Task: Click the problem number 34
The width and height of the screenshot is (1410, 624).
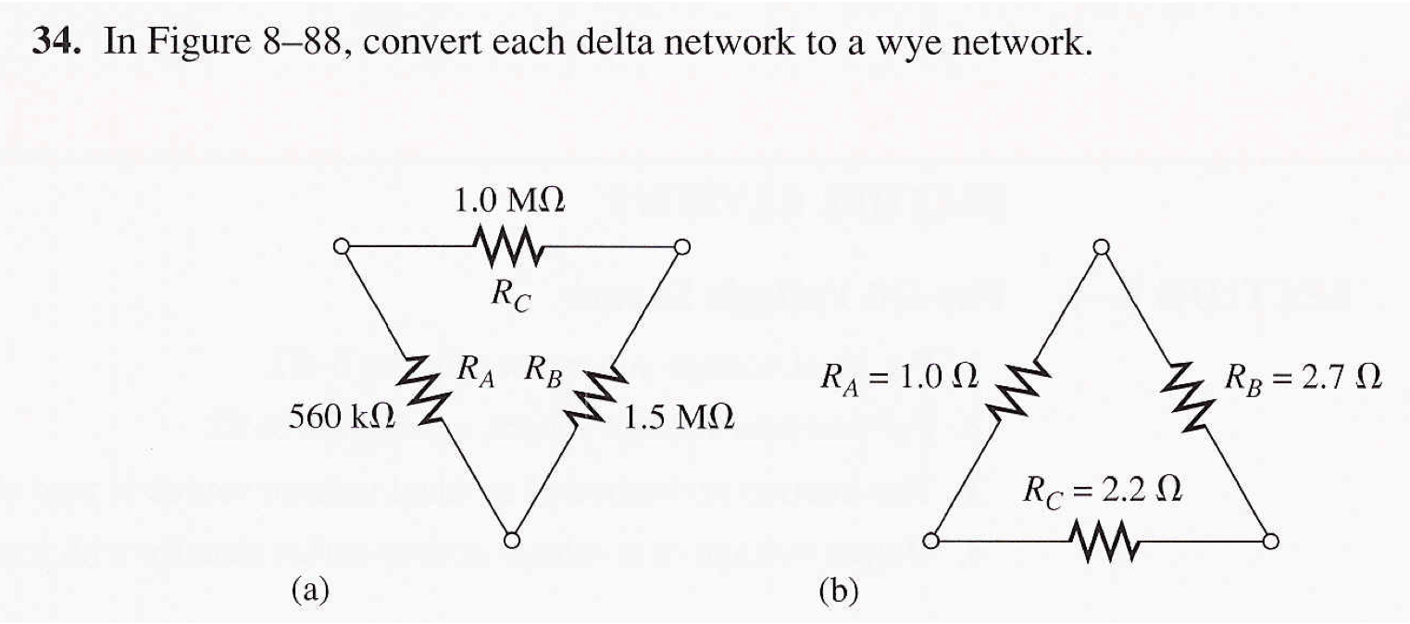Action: pyautogui.click(x=56, y=43)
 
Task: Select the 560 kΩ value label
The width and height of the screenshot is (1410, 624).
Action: pyautogui.click(x=342, y=418)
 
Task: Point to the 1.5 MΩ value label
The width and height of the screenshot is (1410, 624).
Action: pyautogui.click(x=679, y=418)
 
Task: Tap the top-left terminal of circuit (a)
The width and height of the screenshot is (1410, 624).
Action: pyautogui.click(x=341, y=246)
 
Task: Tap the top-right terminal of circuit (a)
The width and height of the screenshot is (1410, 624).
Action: pyautogui.click(x=682, y=246)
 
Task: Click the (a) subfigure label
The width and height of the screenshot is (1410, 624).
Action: pyautogui.click(x=310, y=589)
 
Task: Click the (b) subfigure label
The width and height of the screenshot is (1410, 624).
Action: pyautogui.click(x=838, y=589)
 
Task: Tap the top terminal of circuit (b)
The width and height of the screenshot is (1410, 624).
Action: pyautogui.click(x=1101, y=246)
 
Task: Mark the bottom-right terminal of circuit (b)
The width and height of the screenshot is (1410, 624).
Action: pyautogui.click(x=1270, y=541)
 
